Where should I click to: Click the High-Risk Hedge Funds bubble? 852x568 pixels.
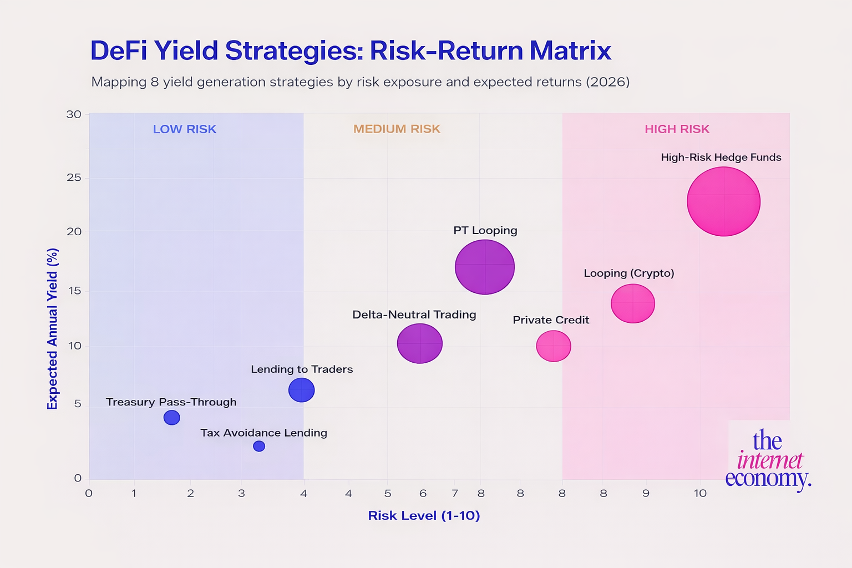[723, 201]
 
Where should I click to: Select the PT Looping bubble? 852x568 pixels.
[485, 267]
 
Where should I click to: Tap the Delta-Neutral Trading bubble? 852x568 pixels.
[420, 343]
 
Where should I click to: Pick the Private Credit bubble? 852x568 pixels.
[554, 346]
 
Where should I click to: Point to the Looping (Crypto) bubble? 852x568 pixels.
[633, 303]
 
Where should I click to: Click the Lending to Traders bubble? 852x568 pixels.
[302, 390]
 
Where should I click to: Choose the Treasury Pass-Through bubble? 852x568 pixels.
[172, 417]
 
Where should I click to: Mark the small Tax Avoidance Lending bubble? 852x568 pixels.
[259, 446]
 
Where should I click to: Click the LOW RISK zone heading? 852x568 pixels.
[184, 129]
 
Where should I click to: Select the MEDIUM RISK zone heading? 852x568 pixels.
[397, 129]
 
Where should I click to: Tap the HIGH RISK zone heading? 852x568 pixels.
[677, 129]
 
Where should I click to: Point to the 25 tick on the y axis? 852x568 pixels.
[74, 178]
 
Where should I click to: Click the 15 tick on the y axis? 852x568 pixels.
[74, 291]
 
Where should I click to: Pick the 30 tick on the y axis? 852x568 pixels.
[74, 114]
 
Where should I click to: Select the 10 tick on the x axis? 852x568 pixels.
[700, 493]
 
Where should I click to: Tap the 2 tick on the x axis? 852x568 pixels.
[190, 493]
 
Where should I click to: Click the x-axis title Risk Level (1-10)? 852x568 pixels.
[424, 516]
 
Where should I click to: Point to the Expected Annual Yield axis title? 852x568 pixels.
[53, 329]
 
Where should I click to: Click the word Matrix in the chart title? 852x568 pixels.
[570, 50]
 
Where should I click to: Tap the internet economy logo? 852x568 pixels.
[768, 459]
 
